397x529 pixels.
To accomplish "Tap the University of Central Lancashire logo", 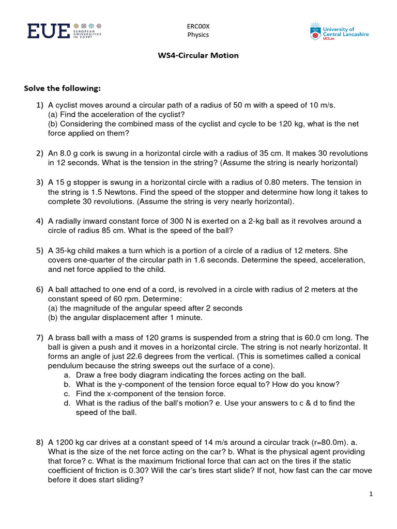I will point(339,32).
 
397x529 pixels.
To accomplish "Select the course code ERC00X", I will point(198,26).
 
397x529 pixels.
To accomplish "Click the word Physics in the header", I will point(198,35).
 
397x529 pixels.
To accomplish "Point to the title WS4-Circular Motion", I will point(198,55).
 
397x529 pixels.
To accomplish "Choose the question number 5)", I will point(40,251).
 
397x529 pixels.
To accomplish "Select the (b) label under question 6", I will point(53,317).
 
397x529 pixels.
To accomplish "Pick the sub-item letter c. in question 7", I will point(67,393).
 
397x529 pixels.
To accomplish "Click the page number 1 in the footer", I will point(371,494).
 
